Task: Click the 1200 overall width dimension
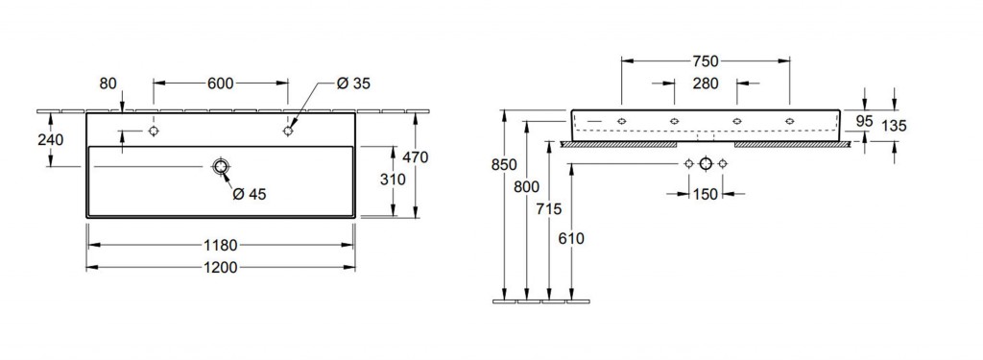pos(221,267)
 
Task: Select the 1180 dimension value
pos(221,245)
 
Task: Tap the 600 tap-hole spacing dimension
pos(221,84)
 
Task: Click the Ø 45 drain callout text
pos(249,195)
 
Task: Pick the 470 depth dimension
pos(415,158)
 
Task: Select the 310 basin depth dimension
pos(393,180)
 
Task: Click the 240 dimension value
pos(50,140)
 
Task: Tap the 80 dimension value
pos(108,84)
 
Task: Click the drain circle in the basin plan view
pos(221,166)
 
